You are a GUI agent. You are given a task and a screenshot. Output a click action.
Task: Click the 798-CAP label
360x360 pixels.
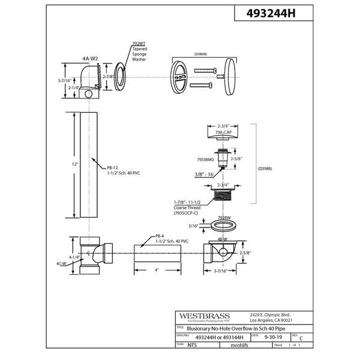(x=223, y=130)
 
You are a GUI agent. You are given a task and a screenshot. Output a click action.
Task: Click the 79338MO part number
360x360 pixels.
(x=198, y=160)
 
